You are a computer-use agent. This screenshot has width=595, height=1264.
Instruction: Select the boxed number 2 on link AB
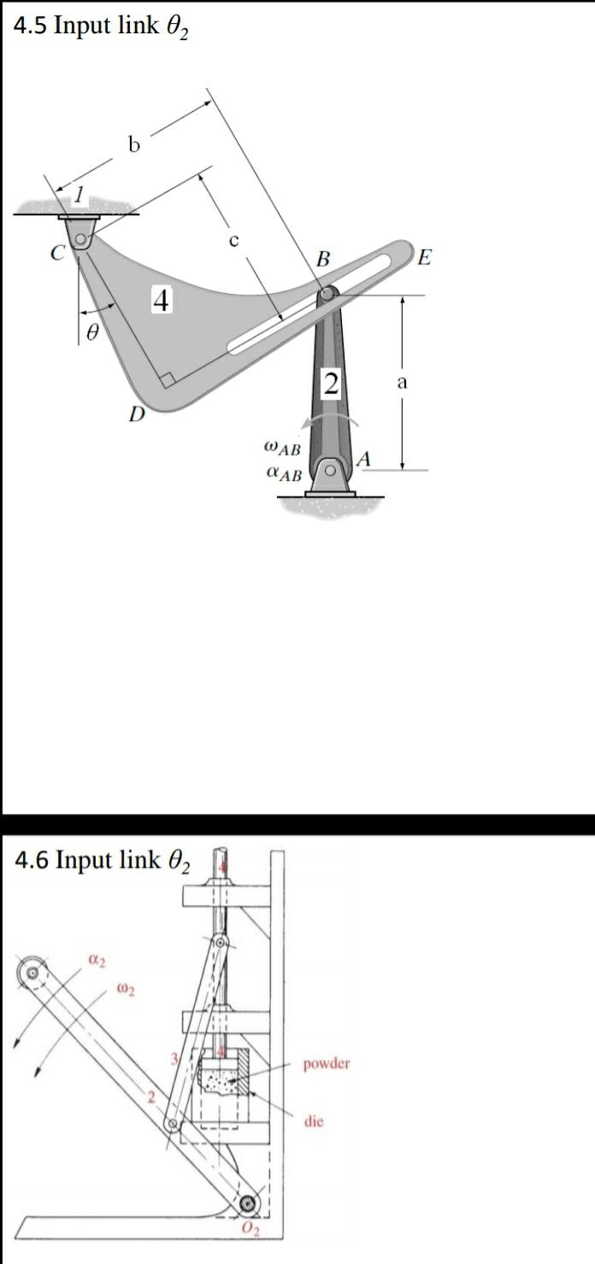pos(331,383)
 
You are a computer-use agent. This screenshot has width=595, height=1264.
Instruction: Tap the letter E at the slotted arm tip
pos(425,256)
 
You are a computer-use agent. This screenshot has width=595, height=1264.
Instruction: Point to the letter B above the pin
pos(322,258)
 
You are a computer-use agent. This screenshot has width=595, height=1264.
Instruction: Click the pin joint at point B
pos(327,295)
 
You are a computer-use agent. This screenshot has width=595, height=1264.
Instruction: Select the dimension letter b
pos(133,145)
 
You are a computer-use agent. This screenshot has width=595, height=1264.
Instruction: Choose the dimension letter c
pos(232,241)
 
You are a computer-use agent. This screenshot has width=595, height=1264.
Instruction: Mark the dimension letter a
pos(401,383)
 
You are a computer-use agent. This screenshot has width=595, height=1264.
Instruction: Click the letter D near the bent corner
pos(136,415)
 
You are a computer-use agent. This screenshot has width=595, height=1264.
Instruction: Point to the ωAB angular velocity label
pos(282,446)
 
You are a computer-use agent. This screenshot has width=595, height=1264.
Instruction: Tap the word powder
pos(326,1064)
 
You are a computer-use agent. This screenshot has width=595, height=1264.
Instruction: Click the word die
pos(313,1121)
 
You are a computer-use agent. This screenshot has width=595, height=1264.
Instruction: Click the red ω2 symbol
pos(125,991)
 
